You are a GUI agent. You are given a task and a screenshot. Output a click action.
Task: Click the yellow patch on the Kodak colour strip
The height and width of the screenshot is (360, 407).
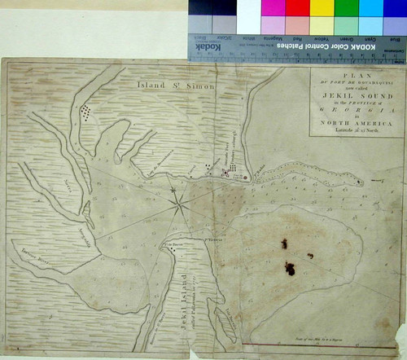323,8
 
